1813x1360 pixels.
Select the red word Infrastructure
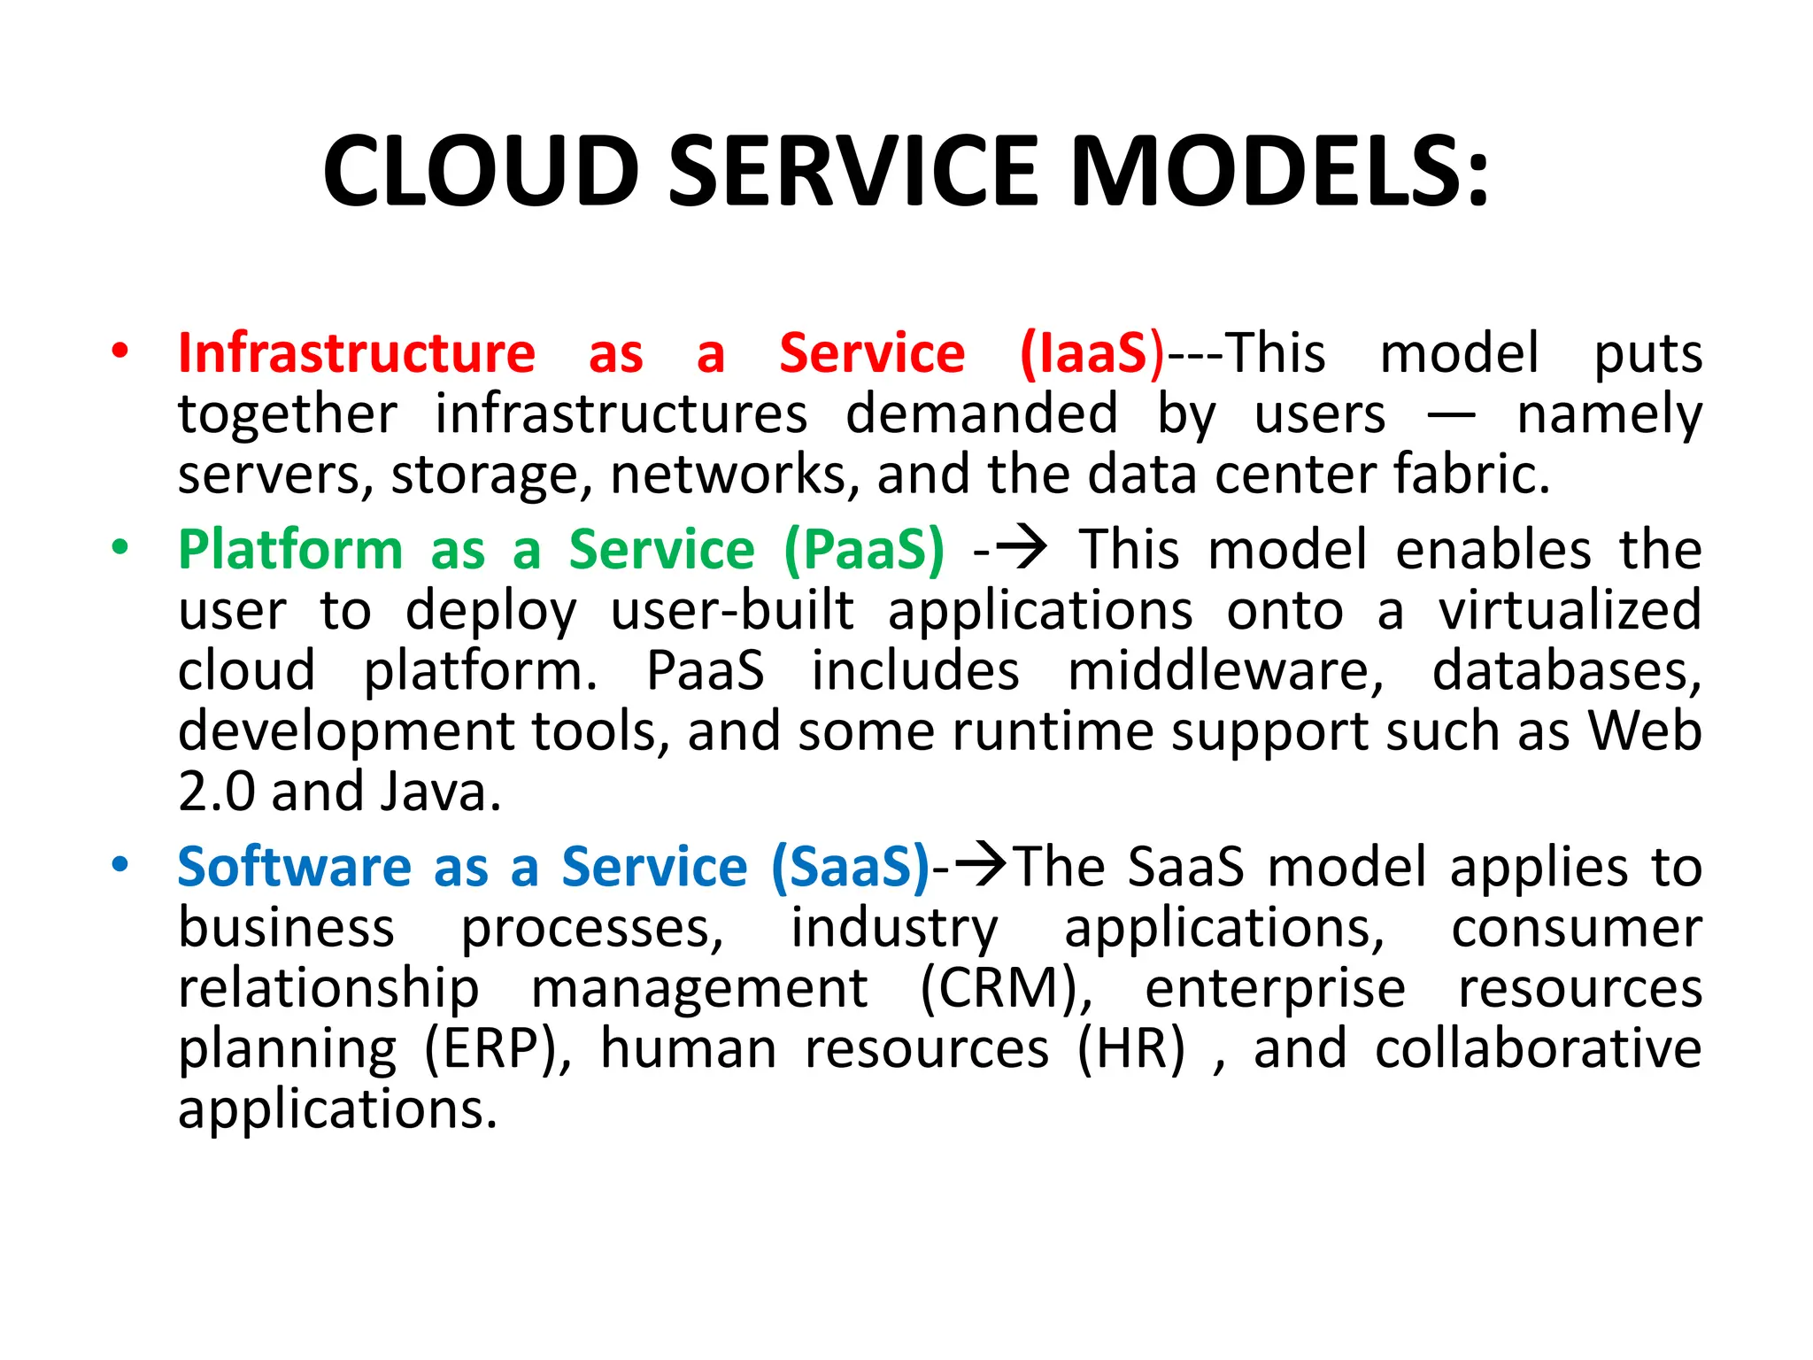pyautogui.click(x=356, y=353)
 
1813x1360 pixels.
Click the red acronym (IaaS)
pyautogui.click(x=1092, y=353)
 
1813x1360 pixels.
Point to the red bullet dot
pyautogui.click(x=120, y=351)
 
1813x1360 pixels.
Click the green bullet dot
pyautogui.click(x=120, y=547)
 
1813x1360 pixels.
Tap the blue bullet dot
pyautogui.click(x=120, y=864)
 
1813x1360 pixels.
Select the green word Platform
pyautogui.click(x=290, y=550)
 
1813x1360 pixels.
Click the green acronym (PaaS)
pyautogui.click(x=864, y=550)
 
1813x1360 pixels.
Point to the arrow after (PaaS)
pyautogui.click(x=1020, y=548)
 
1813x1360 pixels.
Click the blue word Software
pyautogui.click(x=294, y=867)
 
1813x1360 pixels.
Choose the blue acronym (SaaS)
pyautogui.click(x=850, y=867)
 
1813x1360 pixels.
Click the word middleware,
pyautogui.click(x=1225, y=671)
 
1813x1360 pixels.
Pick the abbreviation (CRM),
pyautogui.click(x=1006, y=988)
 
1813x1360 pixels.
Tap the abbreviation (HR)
pyautogui.click(x=1130, y=1049)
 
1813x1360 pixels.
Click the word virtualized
pyautogui.click(x=1569, y=611)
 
